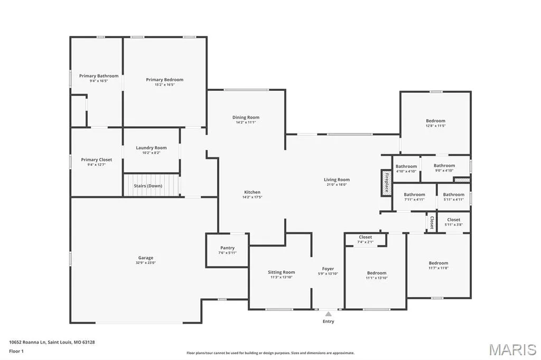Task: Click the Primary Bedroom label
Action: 165,80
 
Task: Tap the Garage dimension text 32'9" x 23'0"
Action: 146,263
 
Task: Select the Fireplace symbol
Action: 386,183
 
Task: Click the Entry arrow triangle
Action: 329,314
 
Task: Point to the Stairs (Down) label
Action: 148,186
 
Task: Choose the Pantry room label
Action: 227,248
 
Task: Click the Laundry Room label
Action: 151,148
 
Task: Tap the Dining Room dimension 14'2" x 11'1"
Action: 246,122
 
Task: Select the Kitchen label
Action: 252,192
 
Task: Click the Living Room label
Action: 337,179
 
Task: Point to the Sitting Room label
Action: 281,272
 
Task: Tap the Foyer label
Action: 328,269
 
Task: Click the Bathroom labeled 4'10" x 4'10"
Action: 406,166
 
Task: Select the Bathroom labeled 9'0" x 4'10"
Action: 444,166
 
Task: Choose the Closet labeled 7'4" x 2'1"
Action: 366,237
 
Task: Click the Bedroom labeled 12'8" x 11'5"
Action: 435,121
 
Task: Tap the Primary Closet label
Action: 97,159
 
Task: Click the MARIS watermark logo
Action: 512,349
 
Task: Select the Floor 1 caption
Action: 16,352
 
